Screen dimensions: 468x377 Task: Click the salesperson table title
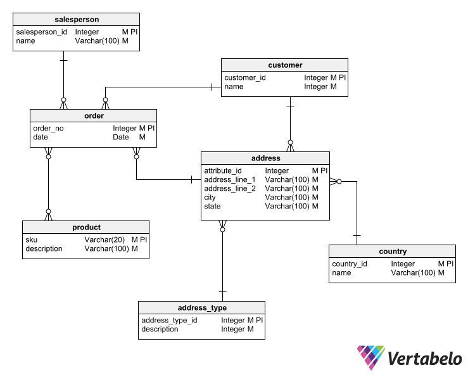(77, 20)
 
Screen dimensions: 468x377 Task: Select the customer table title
(285, 65)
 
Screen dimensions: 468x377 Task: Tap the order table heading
(94, 116)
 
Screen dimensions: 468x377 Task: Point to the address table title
(265, 158)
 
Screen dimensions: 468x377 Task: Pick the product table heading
(86, 227)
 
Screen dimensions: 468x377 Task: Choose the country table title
(393, 252)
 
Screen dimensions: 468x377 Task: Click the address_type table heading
(202, 308)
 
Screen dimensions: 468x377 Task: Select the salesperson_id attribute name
(42, 32)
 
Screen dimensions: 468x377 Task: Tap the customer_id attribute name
(245, 78)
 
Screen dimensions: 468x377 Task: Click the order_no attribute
(48, 129)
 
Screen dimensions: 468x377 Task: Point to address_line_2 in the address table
(230, 189)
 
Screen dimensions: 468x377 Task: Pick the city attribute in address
(210, 198)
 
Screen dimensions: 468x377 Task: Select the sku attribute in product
(31, 240)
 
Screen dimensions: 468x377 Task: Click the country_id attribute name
(350, 264)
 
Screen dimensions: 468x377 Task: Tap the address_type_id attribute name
(169, 320)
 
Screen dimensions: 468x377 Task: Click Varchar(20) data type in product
(104, 240)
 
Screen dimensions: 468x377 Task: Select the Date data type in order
(121, 137)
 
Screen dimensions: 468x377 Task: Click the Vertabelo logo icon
(371, 357)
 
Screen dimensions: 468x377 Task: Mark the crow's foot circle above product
(48, 212)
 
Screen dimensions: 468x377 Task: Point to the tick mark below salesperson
(63, 61)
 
